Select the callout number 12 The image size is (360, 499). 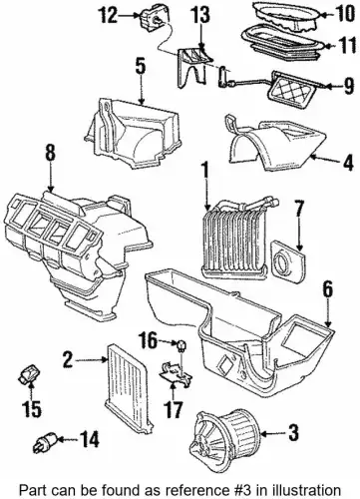[108, 16]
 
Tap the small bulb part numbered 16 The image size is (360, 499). [181, 345]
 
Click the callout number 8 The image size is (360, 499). [50, 155]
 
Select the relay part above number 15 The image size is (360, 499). [29, 373]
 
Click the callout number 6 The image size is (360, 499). [327, 290]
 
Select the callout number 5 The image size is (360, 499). [141, 67]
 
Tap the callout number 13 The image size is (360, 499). [200, 16]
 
